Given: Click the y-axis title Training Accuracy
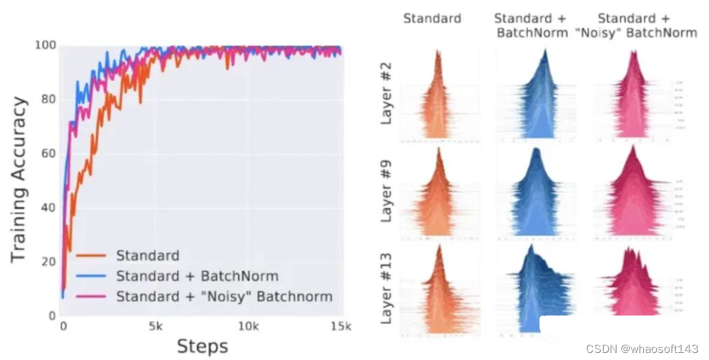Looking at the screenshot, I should [19, 179].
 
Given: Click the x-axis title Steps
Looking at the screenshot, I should [202, 347].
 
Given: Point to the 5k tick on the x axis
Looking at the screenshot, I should [155, 327].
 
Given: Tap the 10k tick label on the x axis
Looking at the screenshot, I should [248, 327].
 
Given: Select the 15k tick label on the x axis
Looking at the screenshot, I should [341, 327].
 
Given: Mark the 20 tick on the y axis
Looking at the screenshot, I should [47, 262].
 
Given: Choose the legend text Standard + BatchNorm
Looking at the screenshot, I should [197, 276].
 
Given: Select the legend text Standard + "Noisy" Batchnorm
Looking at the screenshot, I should [224, 296].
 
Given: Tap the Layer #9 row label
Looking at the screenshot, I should [386, 192].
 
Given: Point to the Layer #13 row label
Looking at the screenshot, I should [386, 285].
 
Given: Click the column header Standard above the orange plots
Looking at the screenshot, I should [431, 18].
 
